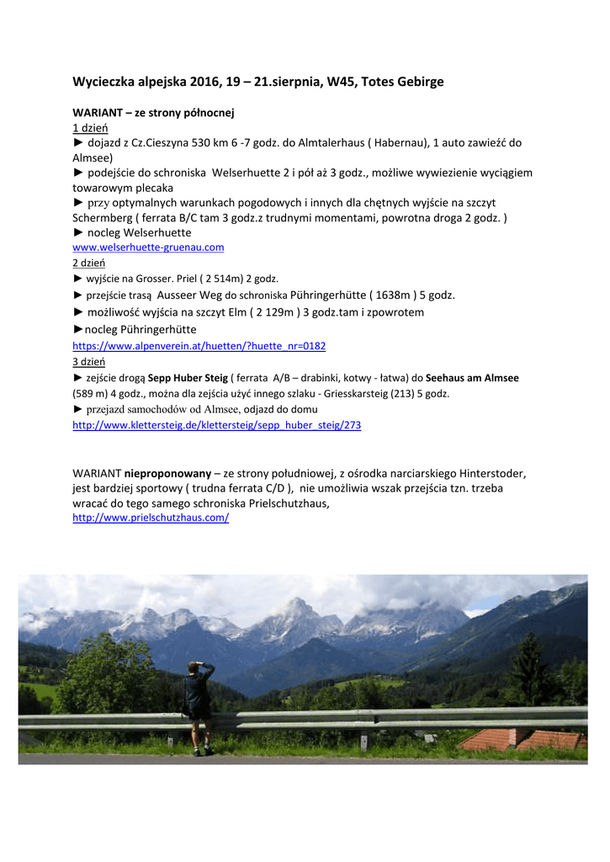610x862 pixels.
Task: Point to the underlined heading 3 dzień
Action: pyautogui.click(x=88, y=361)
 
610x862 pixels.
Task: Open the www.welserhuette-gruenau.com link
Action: pyautogui.click(x=148, y=247)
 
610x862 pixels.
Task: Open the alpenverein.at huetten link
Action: pyautogui.click(x=199, y=346)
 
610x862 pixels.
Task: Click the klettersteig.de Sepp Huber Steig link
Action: pyautogui.click(x=216, y=425)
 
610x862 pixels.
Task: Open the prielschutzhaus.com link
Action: pyautogui.click(x=151, y=518)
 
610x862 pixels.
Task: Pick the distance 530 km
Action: pyautogui.click(x=215, y=143)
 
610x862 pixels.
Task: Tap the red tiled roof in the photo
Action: pyautogui.click(x=522, y=739)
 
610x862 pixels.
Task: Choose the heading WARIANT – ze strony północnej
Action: pyautogui.click(x=153, y=112)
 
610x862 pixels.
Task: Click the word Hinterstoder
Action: pyautogui.click(x=485, y=473)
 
